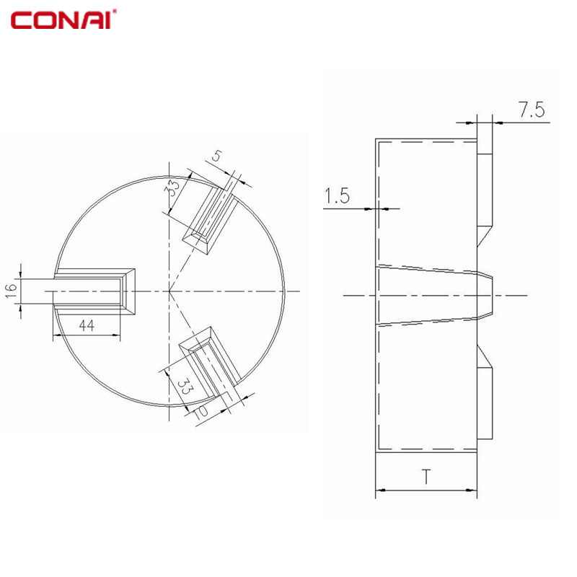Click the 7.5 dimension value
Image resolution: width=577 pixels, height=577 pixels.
pyautogui.click(x=532, y=110)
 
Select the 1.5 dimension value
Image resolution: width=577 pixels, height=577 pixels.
pyautogui.click(x=337, y=195)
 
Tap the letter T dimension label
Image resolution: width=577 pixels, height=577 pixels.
pyautogui.click(x=426, y=476)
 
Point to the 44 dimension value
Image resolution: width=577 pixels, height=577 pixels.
pyautogui.click(x=87, y=325)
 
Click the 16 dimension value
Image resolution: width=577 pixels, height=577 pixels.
pyautogui.click(x=12, y=291)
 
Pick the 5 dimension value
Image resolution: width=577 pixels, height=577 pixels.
pyautogui.click(x=217, y=156)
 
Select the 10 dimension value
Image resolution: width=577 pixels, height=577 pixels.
pyautogui.click(x=201, y=411)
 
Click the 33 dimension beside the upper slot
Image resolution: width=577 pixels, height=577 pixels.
pyautogui.click(x=172, y=188)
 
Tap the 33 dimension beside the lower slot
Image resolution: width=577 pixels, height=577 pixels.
pyautogui.click(x=185, y=386)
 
